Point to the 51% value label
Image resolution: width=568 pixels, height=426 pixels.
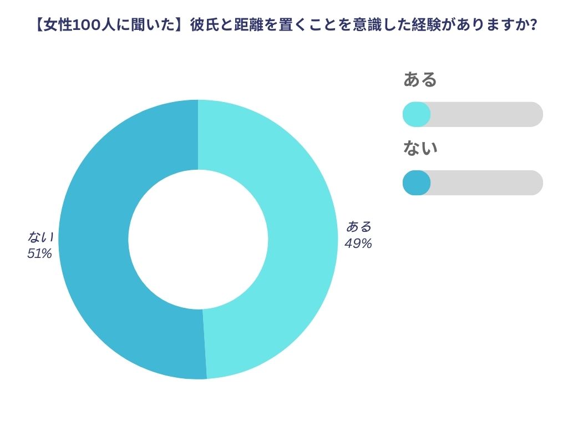39,253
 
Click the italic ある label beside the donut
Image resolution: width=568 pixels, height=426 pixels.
359,226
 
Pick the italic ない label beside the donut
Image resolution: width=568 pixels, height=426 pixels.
40,237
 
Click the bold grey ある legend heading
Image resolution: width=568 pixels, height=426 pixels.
420,80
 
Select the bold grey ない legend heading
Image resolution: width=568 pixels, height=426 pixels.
420,148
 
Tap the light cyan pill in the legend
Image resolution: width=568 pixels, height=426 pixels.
416,114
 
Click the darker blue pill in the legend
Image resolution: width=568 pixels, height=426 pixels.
416,182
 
